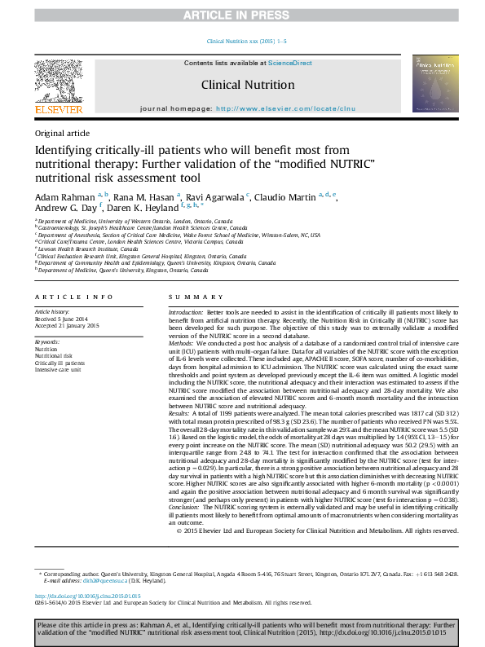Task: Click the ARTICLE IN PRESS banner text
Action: (x=242, y=15)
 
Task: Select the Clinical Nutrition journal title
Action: (x=248, y=85)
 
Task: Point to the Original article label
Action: (x=63, y=133)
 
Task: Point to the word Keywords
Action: (x=47, y=341)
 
